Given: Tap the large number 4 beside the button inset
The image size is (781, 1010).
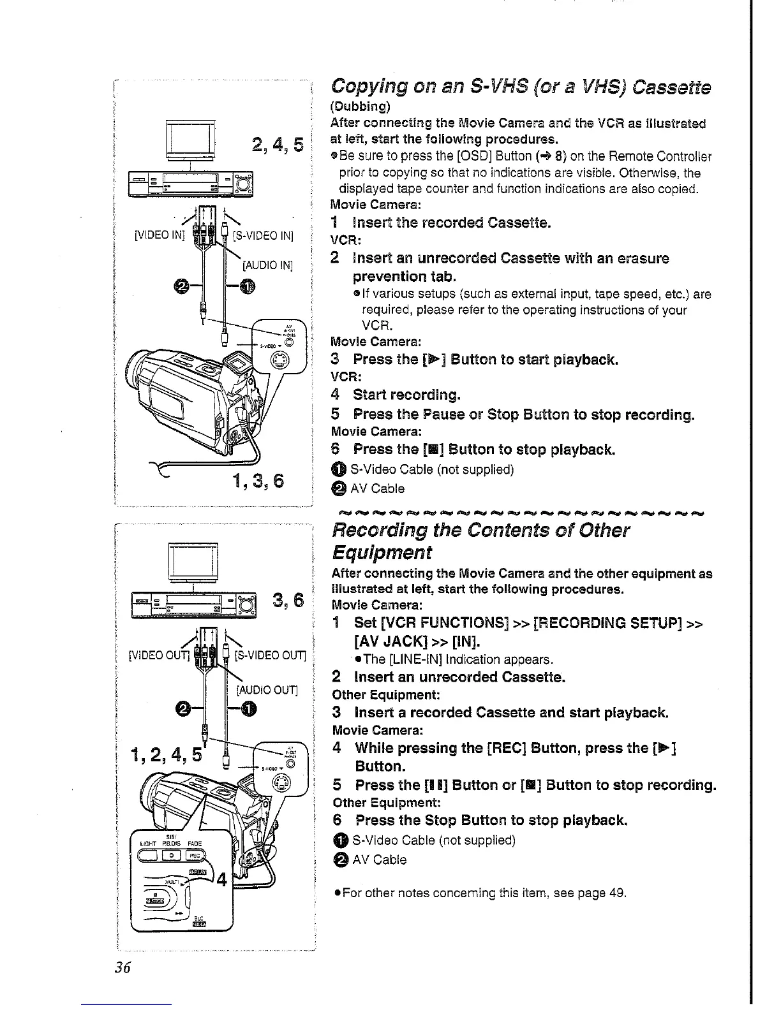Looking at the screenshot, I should point(221,881).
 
